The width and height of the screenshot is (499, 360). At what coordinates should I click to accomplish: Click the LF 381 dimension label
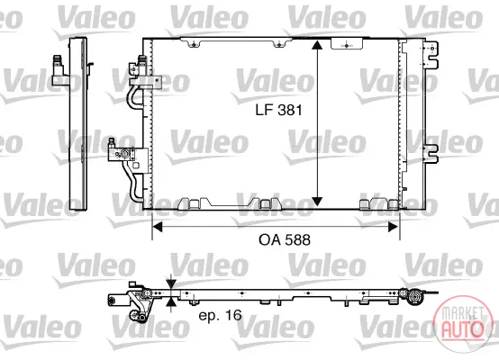pyautogui.click(x=278, y=110)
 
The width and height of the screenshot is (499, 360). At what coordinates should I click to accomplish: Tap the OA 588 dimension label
pyautogui.click(x=285, y=239)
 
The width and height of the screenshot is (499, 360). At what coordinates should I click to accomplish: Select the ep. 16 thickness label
pyautogui.click(x=220, y=315)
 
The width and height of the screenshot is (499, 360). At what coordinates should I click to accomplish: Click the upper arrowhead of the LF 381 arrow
pyautogui.click(x=317, y=45)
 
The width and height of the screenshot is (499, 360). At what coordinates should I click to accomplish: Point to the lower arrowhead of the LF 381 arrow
pyautogui.click(x=317, y=202)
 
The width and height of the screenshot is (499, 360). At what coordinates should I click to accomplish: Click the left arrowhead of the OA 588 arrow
pyautogui.click(x=158, y=227)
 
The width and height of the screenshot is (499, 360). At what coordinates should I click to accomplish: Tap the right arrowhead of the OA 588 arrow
pyautogui.click(x=394, y=227)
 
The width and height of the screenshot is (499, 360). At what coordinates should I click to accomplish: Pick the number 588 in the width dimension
pyautogui.click(x=297, y=239)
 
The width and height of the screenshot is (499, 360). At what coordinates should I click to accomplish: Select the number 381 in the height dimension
pyautogui.click(x=290, y=110)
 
